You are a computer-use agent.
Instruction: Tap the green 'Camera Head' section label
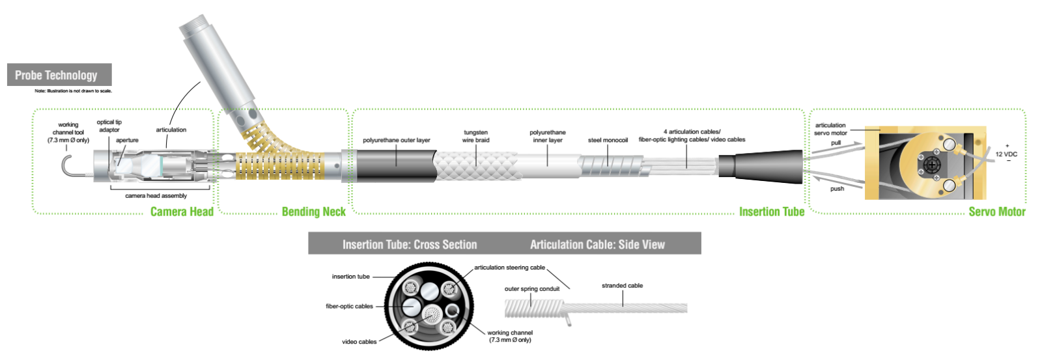pyautogui.click(x=182, y=212)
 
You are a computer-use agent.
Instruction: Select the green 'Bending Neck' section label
pyautogui.click(x=313, y=212)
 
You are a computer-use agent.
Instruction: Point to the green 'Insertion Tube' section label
pyautogui.click(x=771, y=212)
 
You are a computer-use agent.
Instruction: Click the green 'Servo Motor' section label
pyautogui.click(x=996, y=212)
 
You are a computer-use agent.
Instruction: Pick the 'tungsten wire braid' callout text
pyautogui.click(x=475, y=136)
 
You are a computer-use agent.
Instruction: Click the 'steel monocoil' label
pyautogui.click(x=608, y=140)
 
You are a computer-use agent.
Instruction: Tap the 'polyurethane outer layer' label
pyautogui.click(x=396, y=140)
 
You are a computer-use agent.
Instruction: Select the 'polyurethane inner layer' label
pyautogui.click(x=547, y=136)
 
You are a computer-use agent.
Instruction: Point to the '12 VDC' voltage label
pyautogui.click(x=1006, y=154)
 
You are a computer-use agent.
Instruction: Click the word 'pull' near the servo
pyautogui.click(x=836, y=143)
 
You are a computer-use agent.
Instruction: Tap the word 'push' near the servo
pyautogui.click(x=837, y=189)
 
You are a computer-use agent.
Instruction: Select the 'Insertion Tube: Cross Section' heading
pyautogui.click(x=410, y=245)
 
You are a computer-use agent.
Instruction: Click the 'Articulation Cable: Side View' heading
pyautogui.click(x=597, y=245)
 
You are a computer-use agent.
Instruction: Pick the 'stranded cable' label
pyautogui.click(x=622, y=285)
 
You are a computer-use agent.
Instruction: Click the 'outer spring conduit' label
pyautogui.click(x=531, y=288)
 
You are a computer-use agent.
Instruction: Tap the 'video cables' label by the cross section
pyautogui.click(x=359, y=341)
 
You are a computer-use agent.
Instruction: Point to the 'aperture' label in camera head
pyautogui.click(x=127, y=140)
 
